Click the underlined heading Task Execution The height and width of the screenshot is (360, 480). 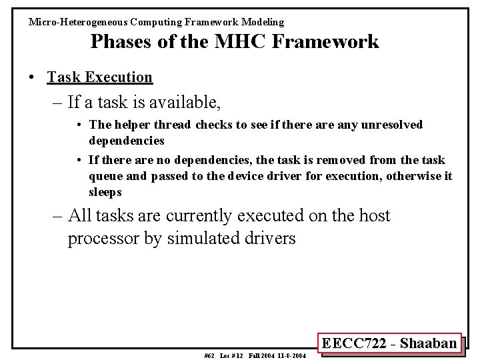click(x=99, y=77)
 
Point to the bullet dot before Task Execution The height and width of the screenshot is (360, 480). click(x=33, y=77)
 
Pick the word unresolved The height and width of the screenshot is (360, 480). click(x=392, y=125)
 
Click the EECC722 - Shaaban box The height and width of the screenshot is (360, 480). click(x=389, y=343)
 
